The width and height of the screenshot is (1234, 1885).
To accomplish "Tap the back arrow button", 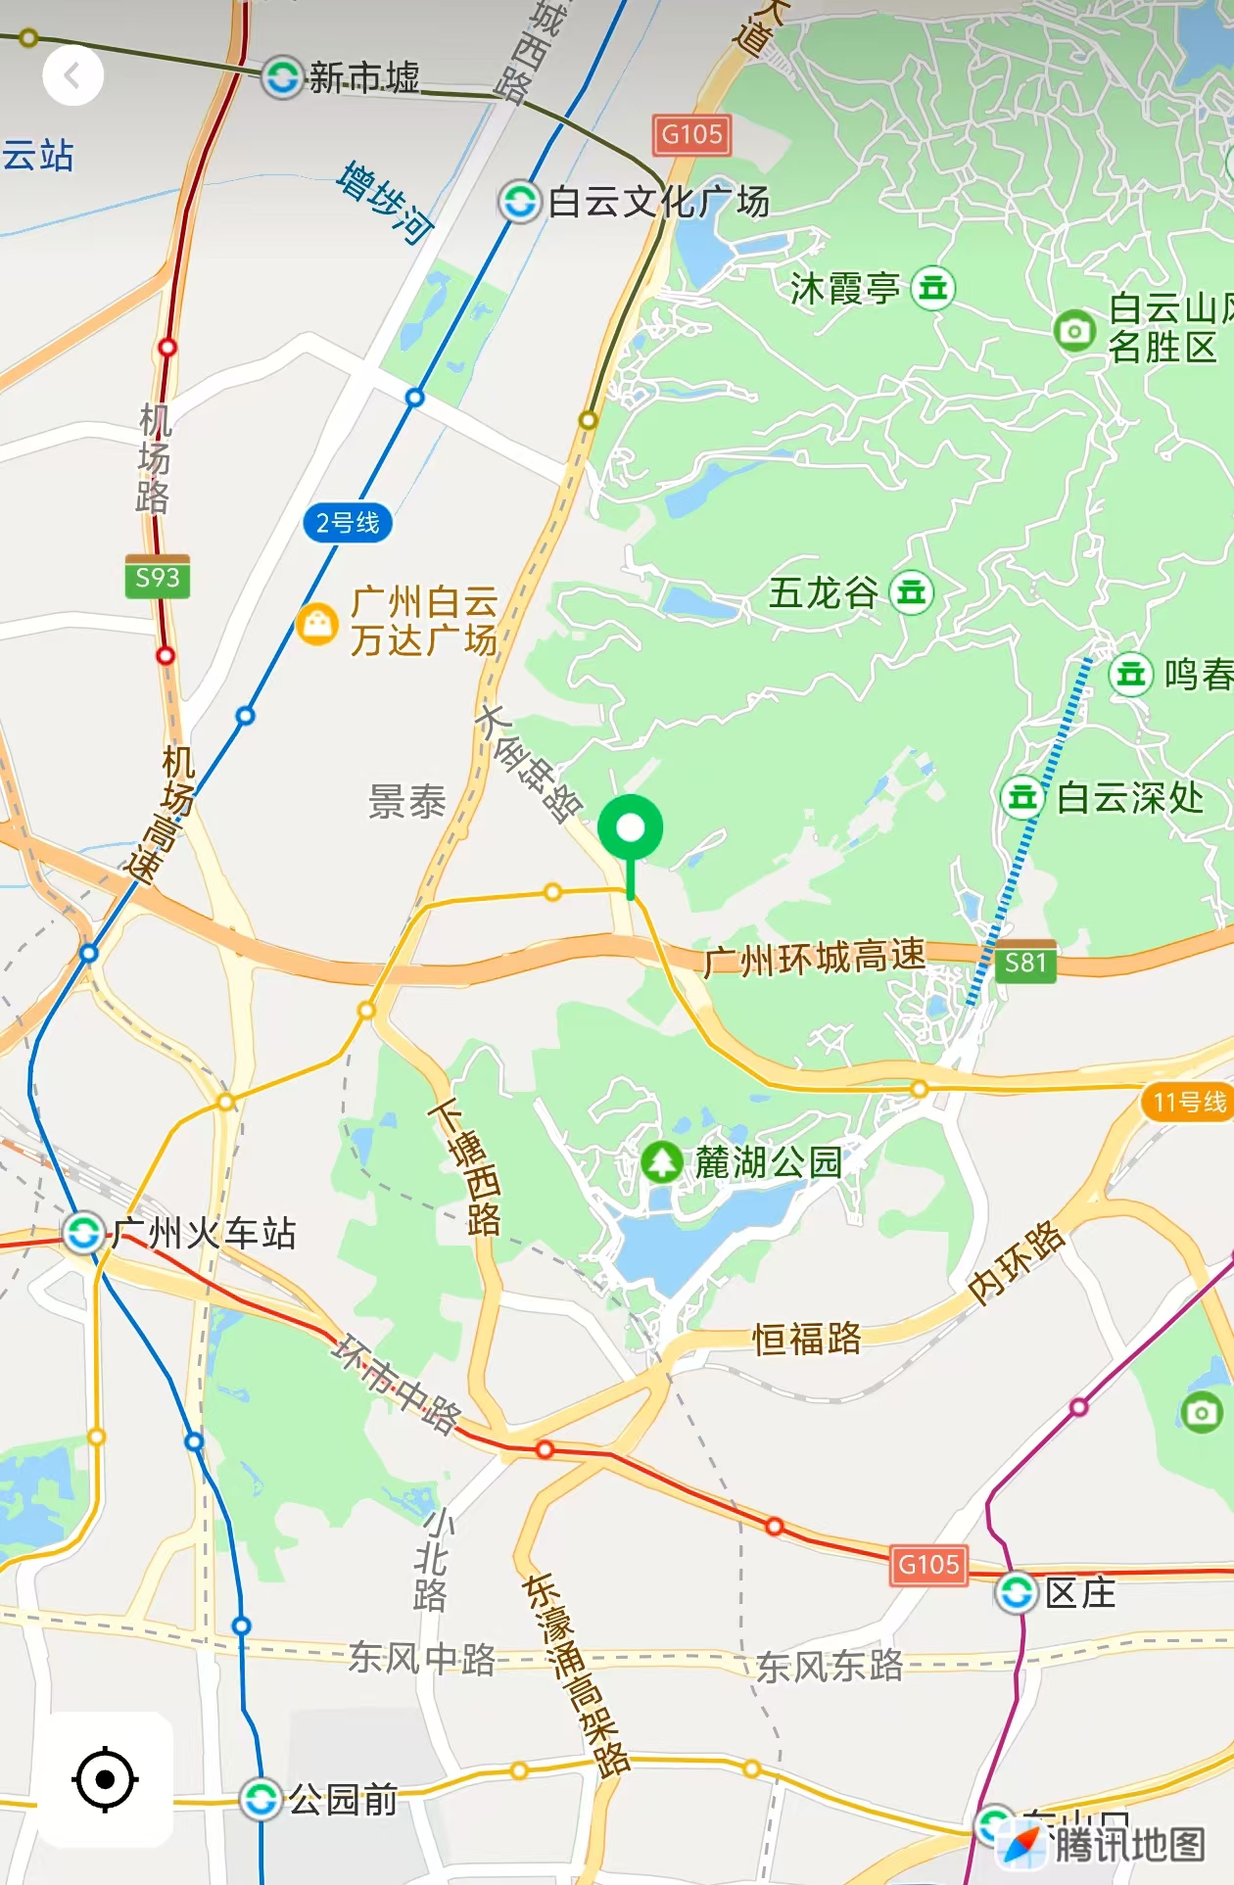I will pyautogui.click(x=72, y=75).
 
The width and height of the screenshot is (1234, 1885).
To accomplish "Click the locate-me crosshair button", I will pyautogui.click(x=105, y=1778).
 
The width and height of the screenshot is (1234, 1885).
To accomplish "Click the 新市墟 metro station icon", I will pyautogui.click(x=282, y=76).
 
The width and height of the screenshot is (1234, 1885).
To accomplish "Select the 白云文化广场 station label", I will pyautogui.click(x=658, y=202).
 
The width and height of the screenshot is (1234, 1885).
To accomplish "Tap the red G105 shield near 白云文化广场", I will pyautogui.click(x=691, y=135).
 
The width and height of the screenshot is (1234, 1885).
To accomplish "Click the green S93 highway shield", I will pyautogui.click(x=158, y=578).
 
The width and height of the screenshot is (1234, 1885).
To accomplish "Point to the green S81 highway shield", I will pyautogui.click(x=1025, y=963).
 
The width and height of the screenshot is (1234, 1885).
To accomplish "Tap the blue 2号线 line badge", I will pyautogui.click(x=348, y=523).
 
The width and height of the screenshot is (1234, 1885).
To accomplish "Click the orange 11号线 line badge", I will pyautogui.click(x=1189, y=1102).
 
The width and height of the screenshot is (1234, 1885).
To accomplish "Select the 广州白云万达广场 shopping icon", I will pyautogui.click(x=317, y=623).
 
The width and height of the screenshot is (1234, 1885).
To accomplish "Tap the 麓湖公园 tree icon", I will pyautogui.click(x=662, y=1162).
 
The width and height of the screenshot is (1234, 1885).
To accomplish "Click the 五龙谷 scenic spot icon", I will pyautogui.click(x=912, y=592).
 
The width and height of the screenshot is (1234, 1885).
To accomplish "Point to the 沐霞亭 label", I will pyautogui.click(x=844, y=288).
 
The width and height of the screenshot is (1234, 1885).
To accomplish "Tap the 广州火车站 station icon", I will pyautogui.click(x=83, y=1231).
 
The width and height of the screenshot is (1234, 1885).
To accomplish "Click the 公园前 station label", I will pyautogui.click(x=343, y=1799).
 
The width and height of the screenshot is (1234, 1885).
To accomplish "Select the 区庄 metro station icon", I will pyautogui.click(x=1017, y=1592).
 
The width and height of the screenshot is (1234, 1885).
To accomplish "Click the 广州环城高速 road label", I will pyautogui.click(x=814, y=958).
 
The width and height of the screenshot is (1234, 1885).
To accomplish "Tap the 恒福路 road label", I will pyautogui.click(x=807, y=1338).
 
